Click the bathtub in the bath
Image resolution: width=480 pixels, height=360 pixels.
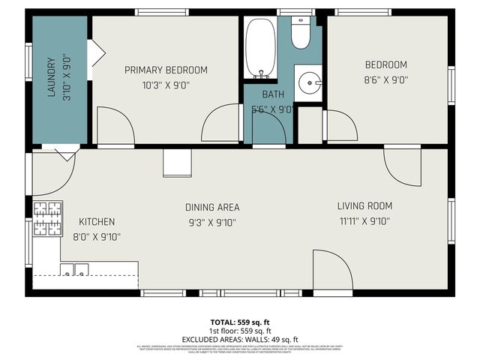pyautogui.click(x=260, y=48)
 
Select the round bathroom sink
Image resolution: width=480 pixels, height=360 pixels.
pyautogui.click(x=309, y=83)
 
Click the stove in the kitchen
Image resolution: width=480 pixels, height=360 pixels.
pyautogui.click(x=46, y=218)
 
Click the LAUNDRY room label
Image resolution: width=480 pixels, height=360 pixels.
pyautogui.click(x=52, y=77)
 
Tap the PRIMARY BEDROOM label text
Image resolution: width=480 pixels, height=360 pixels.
pyautogui.click(x=166, y=70)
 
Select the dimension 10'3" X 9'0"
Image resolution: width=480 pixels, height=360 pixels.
pyautogui.click(x=166, y=85)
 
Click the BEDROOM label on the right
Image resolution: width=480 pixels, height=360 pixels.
pyautogui.click(x=385, y=64)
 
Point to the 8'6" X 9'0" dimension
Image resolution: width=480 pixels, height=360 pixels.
pyautogui.click(x=385, y=79)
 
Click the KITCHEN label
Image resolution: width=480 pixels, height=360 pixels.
pyautogui.click(x=97, y=221)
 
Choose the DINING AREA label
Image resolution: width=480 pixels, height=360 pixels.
pyautogui.click(x=212, y=207)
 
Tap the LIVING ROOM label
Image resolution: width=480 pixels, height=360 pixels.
pyautogui.click(x=364, y=205)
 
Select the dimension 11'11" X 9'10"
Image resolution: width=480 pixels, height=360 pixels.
pyautogui.click(x=364, y=220)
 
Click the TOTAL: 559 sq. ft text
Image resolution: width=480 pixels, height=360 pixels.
pyautogui.click(x=240, y=322)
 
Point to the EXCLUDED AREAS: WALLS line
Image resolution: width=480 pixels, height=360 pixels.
pyautogui.click(x=240, y=338)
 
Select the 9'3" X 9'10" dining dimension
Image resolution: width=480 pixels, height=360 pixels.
pyautogui.click(x=212, y=222)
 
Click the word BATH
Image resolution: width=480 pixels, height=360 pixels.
pyautogui.click(x=271, y=94)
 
